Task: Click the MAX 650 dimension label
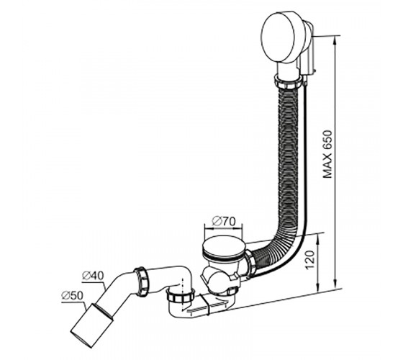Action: click(327, 154)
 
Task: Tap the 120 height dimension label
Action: click(309, 259)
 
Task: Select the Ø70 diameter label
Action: click(223, 222)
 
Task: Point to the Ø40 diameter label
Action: click(93, 276)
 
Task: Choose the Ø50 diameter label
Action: click(73, 296)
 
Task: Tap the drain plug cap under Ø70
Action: click(223, 247)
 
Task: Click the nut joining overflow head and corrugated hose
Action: click(289, 81)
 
